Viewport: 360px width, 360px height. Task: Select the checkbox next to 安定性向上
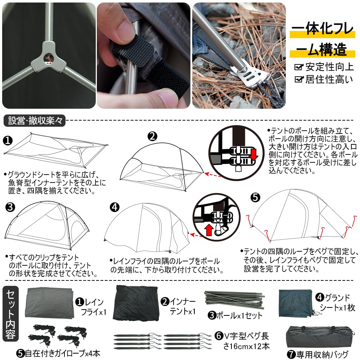(x=298, y=67)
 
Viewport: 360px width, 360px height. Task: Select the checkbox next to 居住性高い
(x=298, y=80)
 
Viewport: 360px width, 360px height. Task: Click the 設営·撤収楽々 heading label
(x=35, y=120)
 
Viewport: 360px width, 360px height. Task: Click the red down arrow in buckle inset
(x=254, y=154)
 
